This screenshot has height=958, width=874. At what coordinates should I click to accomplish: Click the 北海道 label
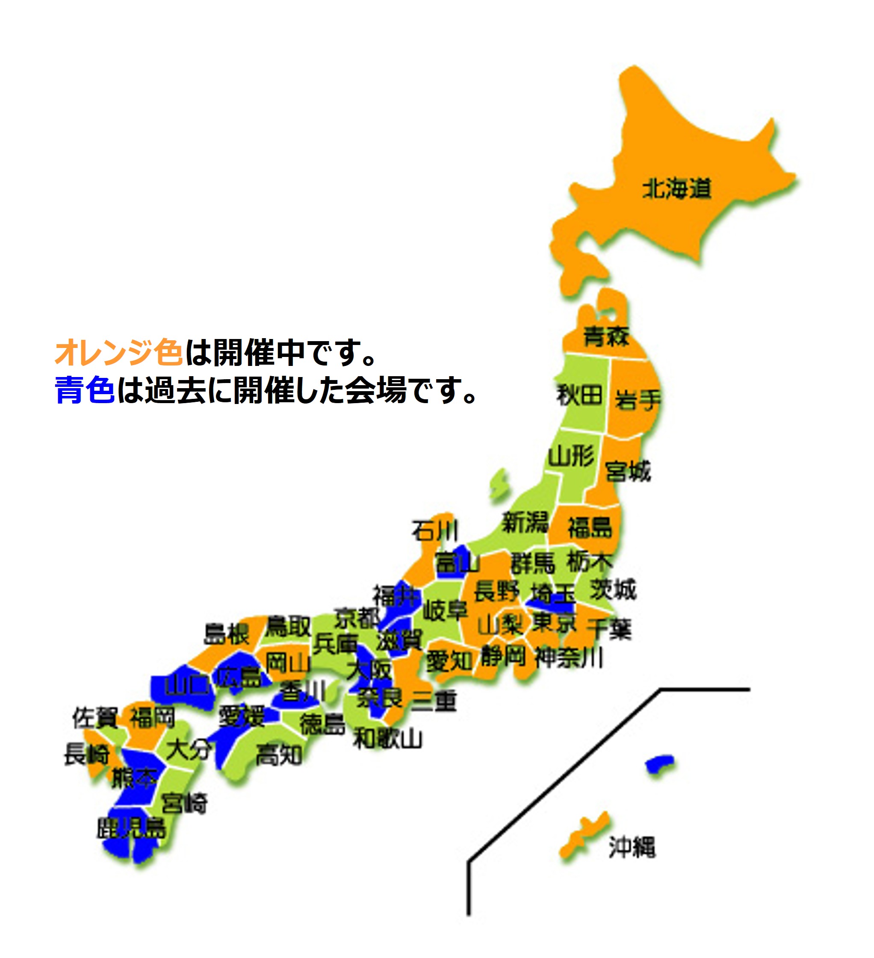(677, 189)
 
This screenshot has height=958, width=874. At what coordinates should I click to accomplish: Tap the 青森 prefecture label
(606, 336)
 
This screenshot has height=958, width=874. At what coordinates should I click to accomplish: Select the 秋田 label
(579, 395)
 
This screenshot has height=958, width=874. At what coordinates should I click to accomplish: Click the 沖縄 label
(632, 847)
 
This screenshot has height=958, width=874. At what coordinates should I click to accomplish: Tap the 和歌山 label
(387, 739)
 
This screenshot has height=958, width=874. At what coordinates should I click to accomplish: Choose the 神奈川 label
(568, 658)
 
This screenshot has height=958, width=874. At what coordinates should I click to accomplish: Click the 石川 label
(435, 531)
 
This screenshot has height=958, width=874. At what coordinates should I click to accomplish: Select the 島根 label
(227, 634)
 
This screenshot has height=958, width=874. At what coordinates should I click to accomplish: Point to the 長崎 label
(87, 754)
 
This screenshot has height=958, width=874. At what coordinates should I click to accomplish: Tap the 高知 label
(279, 755)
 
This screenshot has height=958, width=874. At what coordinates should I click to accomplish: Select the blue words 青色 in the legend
(85, 391)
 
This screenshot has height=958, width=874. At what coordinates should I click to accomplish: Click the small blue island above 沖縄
(660, 764)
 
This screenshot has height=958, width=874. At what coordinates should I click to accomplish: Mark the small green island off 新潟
(499, 484)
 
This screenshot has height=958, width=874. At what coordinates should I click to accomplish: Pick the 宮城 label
(628, 472)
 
